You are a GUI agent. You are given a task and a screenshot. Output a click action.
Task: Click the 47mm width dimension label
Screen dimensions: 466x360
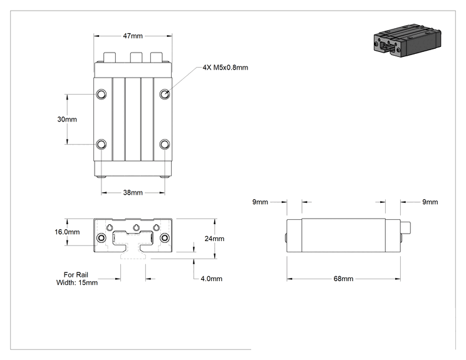click(133, 36)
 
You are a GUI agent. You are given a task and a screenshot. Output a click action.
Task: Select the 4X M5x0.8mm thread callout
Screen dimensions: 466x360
click(225, 68)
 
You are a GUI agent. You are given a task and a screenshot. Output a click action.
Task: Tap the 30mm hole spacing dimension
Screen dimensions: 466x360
click(67, 119)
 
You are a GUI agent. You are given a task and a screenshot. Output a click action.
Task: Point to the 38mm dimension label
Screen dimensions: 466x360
click(133, 192)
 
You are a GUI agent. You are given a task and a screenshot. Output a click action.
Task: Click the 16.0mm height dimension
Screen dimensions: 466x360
click(67, 232)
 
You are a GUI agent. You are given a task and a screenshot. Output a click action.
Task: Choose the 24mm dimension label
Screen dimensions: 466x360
click(214, 239)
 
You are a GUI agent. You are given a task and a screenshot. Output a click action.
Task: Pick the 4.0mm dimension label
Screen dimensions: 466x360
click(211, 279)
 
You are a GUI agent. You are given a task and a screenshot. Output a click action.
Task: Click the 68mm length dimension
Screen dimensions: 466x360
click(343, 279)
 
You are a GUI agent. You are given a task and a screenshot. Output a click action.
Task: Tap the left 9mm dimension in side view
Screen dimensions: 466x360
click(260, 202)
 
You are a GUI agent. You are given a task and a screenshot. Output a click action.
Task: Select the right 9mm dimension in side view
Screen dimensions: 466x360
click(430, 202)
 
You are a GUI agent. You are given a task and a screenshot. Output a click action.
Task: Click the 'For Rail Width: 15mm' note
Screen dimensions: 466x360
click(76, 279)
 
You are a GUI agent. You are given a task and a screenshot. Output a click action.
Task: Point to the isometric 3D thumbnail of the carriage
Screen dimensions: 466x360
click(407, 41)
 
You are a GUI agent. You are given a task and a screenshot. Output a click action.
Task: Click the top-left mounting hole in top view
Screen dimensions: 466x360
click(101, 94)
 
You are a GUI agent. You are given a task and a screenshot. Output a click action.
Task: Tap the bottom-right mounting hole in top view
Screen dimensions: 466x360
click(165, 145)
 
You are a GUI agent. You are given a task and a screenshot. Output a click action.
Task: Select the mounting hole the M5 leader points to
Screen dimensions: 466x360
click(165, 94)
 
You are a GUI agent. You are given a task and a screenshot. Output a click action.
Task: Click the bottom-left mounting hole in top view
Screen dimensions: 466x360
click(101, 145)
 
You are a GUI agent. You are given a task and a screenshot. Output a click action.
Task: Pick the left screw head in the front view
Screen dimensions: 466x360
click(101, 238)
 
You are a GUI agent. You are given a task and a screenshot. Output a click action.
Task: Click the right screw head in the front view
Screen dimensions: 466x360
click(164, 238)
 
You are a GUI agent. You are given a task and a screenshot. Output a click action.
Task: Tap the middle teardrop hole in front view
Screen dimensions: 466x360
click(136, 227)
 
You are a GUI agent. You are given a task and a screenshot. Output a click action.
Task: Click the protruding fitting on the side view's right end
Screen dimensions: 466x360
click(406, 227)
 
